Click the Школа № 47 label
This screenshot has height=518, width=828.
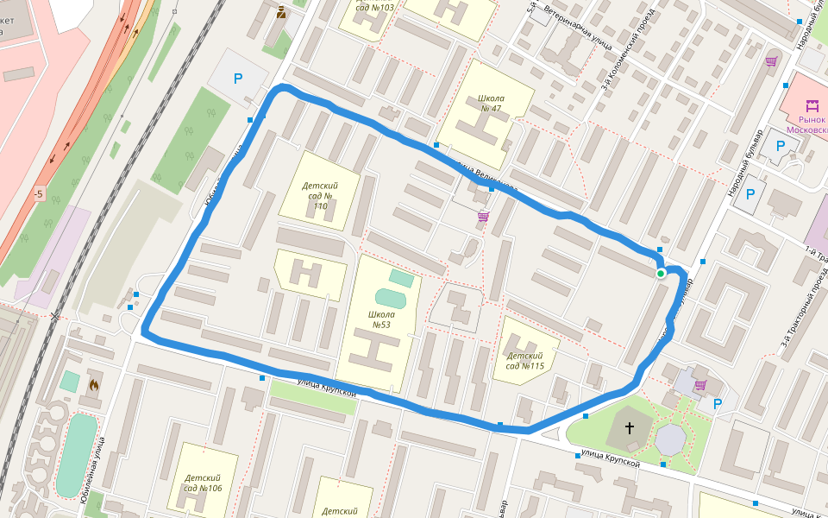click(x=490, y=103)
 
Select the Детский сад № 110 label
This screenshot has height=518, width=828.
click(x=319, y=196)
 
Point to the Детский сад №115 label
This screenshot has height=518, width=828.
click(x=525, y=361)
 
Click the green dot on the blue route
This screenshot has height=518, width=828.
click(x=661, y=274)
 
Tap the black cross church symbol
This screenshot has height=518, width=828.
click(x=630, y=427)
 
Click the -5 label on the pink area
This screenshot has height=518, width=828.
click(x=38, y=194)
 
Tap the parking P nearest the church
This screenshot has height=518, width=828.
click(x=718, y=402)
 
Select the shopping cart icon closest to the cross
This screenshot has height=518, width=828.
click(x=700, y=385)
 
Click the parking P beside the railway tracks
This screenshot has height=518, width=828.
click(x=238, y=79)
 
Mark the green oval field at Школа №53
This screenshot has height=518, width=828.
click(x=390, y=298)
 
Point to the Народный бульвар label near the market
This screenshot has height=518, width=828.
click(x=743, y=164)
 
